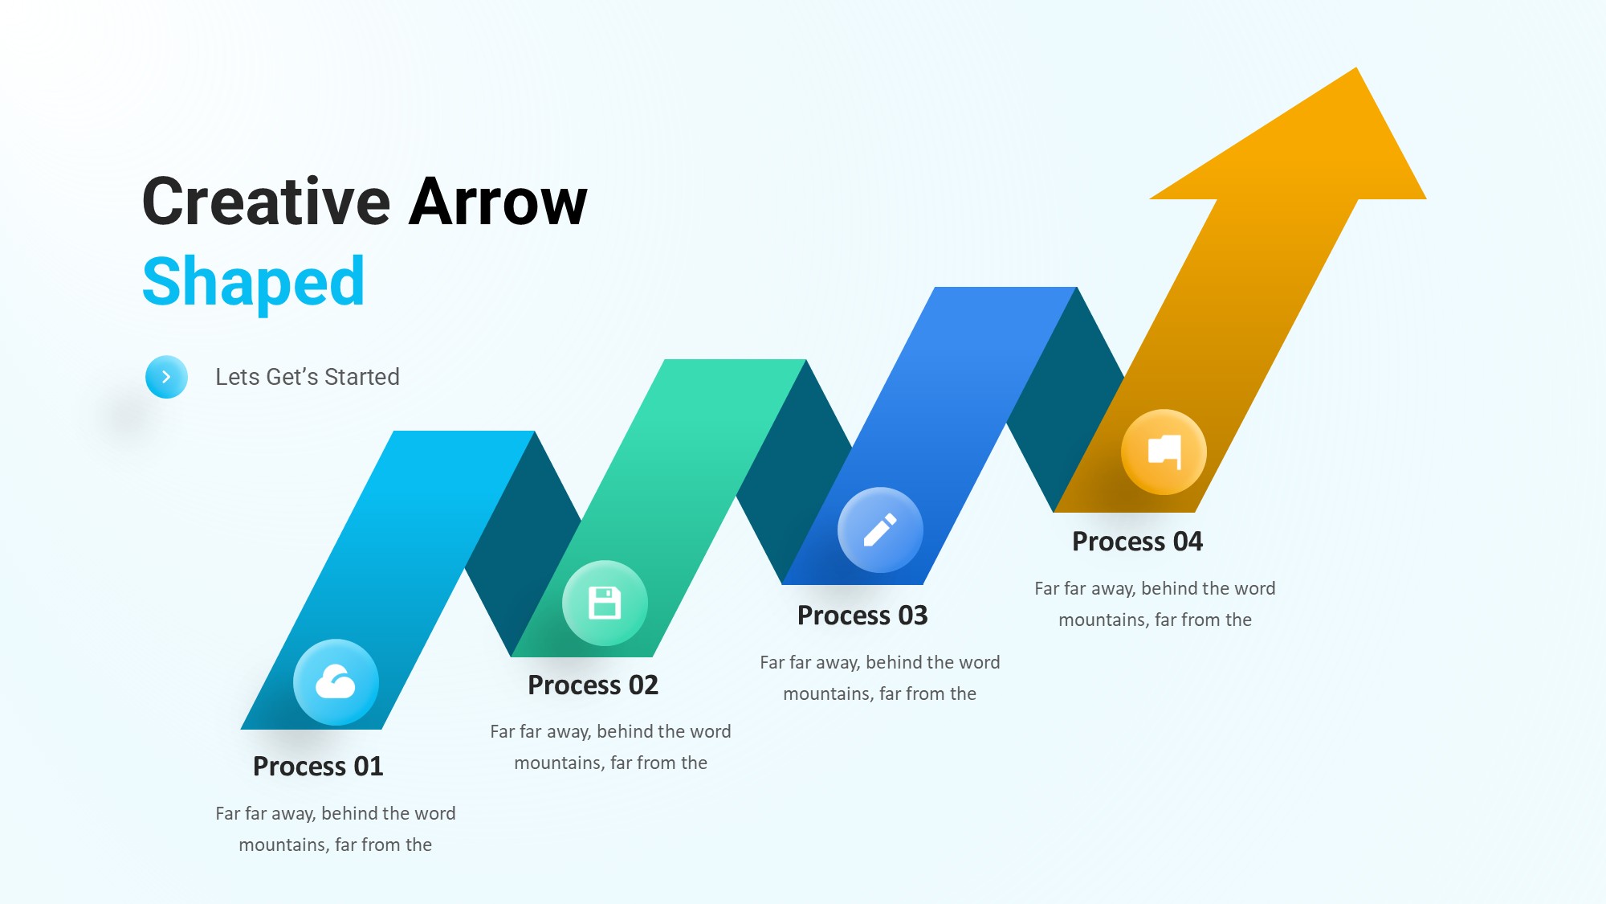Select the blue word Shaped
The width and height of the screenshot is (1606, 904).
tap(254, 283)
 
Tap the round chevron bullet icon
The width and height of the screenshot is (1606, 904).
tap(166, 377)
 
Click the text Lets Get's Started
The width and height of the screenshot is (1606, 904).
tap(308, 377)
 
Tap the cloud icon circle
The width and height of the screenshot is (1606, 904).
tap(336, 682)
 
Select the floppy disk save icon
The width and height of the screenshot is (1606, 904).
tap(605, 603)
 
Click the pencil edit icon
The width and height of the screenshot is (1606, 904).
tap(880, 530)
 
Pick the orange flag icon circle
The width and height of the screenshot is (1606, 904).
tap(1164, 452)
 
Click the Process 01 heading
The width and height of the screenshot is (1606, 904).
tap(318, 767)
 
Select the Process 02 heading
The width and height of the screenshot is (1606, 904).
tap(593, 685)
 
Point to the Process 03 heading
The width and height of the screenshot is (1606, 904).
tap(862, 616)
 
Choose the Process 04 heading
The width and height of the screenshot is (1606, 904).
tap(1137, 542)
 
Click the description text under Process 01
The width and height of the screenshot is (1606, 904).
tap(336, 829)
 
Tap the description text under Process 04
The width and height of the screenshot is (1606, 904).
tap(1155, 604)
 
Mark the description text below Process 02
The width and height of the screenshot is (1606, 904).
tap(610, 747)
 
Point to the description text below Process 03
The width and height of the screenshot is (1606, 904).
tap(880, 678)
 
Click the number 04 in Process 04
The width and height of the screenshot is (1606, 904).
tap(1188, 542)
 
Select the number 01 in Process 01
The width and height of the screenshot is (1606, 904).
tap(369, 767)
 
